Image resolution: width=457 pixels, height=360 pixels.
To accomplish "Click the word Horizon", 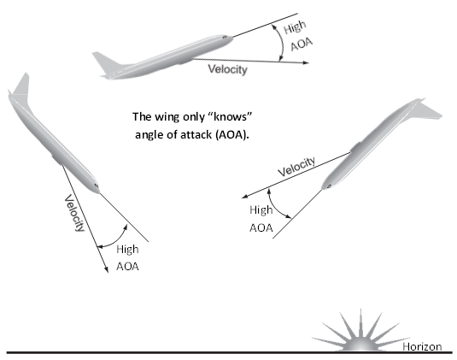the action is (x=422, y=346).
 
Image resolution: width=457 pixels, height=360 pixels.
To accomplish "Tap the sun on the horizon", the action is (x=361, y=333).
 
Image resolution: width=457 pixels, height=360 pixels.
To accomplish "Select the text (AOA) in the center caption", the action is (x=232, y=135).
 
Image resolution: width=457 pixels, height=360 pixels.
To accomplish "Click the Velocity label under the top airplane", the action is (x=227, y=69).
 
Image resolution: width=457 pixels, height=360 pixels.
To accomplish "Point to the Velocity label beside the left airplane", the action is (x=74, y=213).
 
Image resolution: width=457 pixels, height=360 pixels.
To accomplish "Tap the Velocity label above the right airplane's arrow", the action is (x=296, y=167).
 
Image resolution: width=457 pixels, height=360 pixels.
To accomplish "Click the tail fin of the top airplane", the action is (x=106, y=62).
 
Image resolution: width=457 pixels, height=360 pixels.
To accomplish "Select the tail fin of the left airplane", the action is (x=21, y=86).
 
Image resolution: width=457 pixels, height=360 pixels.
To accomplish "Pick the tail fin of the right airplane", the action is (x=429, y=110).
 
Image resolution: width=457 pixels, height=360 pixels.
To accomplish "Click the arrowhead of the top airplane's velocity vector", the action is (x=306, y=62).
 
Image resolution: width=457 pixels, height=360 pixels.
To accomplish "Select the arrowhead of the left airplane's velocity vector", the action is (x=107, y=270).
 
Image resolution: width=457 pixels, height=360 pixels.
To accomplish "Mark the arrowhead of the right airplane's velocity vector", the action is (x=245, y=197).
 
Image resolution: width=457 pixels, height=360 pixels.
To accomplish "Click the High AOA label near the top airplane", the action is (x=298, y=36).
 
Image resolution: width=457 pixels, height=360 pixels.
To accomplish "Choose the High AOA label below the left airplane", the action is (x=127, y=258).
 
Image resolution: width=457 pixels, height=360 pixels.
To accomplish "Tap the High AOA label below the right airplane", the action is (x=261, y=219).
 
